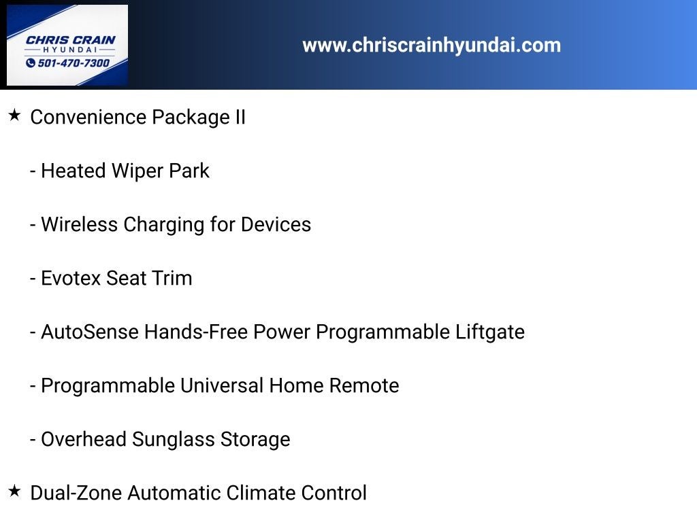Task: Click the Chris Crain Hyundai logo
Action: click(67, 45)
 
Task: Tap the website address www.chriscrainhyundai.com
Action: click(432, 46)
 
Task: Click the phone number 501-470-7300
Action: click(74, 63)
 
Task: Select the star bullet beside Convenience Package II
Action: click(14, 116)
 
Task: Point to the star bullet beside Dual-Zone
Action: click(14, 491)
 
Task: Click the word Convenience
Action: click(88, 117)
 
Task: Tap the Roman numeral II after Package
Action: click(240, 117)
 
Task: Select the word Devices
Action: click(276, 224)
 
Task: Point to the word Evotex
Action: click(71, 278)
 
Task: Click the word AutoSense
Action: click(90, 332)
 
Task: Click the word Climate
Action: click(261, 493)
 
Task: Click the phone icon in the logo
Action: click(31, 63)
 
